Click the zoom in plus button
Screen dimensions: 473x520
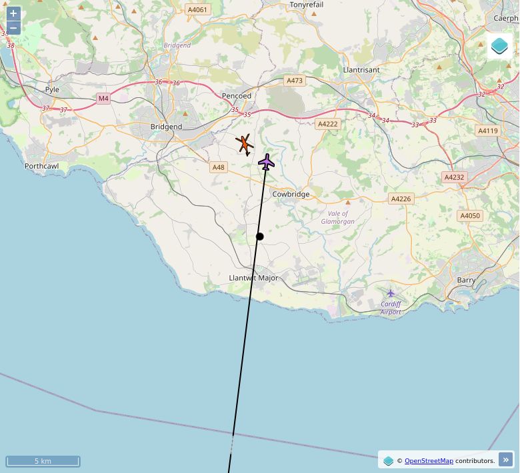[x=13, y=14]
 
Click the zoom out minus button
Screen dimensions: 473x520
[x=13, y=28]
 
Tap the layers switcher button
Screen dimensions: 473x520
[x=499, y=46]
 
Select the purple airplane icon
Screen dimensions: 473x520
[x=267, y=162]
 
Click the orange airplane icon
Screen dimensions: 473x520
[x=245, y=144]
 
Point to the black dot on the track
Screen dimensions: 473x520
[x=260, y=236]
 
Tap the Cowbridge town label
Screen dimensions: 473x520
[x=291, y=195]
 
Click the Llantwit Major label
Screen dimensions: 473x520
[x=253, y=278]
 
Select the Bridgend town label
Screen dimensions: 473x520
[x=166, y=127]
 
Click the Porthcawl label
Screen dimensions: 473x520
[x=41, y=166]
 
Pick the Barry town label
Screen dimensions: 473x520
[x=467, y=280]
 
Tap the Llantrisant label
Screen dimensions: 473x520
[x=361, y=70]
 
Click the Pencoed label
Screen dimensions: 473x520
[x=237, y=96]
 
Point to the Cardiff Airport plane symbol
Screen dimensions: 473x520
[x=391, y=293]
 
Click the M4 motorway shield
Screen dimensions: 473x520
[x=103, y=99]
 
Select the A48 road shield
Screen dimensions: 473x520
[x=218, y=167]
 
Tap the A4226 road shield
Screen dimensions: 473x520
[x=401, y=199]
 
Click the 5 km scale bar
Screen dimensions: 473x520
[x=43, y=461]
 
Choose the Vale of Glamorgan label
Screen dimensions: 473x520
[x=338, y=217]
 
